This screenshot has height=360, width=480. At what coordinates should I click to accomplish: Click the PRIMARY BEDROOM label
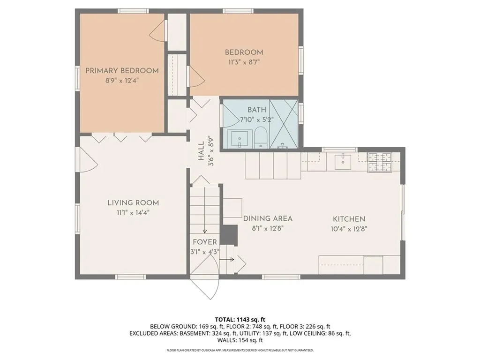click(x=122, y=71)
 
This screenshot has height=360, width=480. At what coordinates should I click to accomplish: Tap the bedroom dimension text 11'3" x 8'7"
click(x=244, y=62)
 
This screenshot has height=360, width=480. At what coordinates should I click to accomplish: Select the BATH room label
click(x=257, y=110)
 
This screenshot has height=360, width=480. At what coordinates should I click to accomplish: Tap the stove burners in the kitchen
click(x=380, y=162)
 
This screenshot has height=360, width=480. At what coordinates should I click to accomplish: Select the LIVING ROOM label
click(x=133, y=202)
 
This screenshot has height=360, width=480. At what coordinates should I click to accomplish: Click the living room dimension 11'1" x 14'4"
click(x=133, y=213)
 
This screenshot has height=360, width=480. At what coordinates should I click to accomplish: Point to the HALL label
click(x=201, y=151)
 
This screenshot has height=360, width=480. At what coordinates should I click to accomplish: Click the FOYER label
click(x=205, y=242)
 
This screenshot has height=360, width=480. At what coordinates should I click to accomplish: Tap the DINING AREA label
click(x=268, y=218)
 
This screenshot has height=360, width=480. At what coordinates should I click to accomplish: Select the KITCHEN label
click(x=349, y=219)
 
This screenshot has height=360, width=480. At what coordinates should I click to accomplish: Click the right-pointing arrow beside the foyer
click(x=227, y=260)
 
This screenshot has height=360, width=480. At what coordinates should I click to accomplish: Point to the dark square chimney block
click(x=230, y=235)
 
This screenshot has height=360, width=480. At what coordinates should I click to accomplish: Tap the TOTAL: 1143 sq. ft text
click(x=240, y=320)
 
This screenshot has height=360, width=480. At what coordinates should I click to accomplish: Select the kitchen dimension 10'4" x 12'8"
click(x=349, y=229)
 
